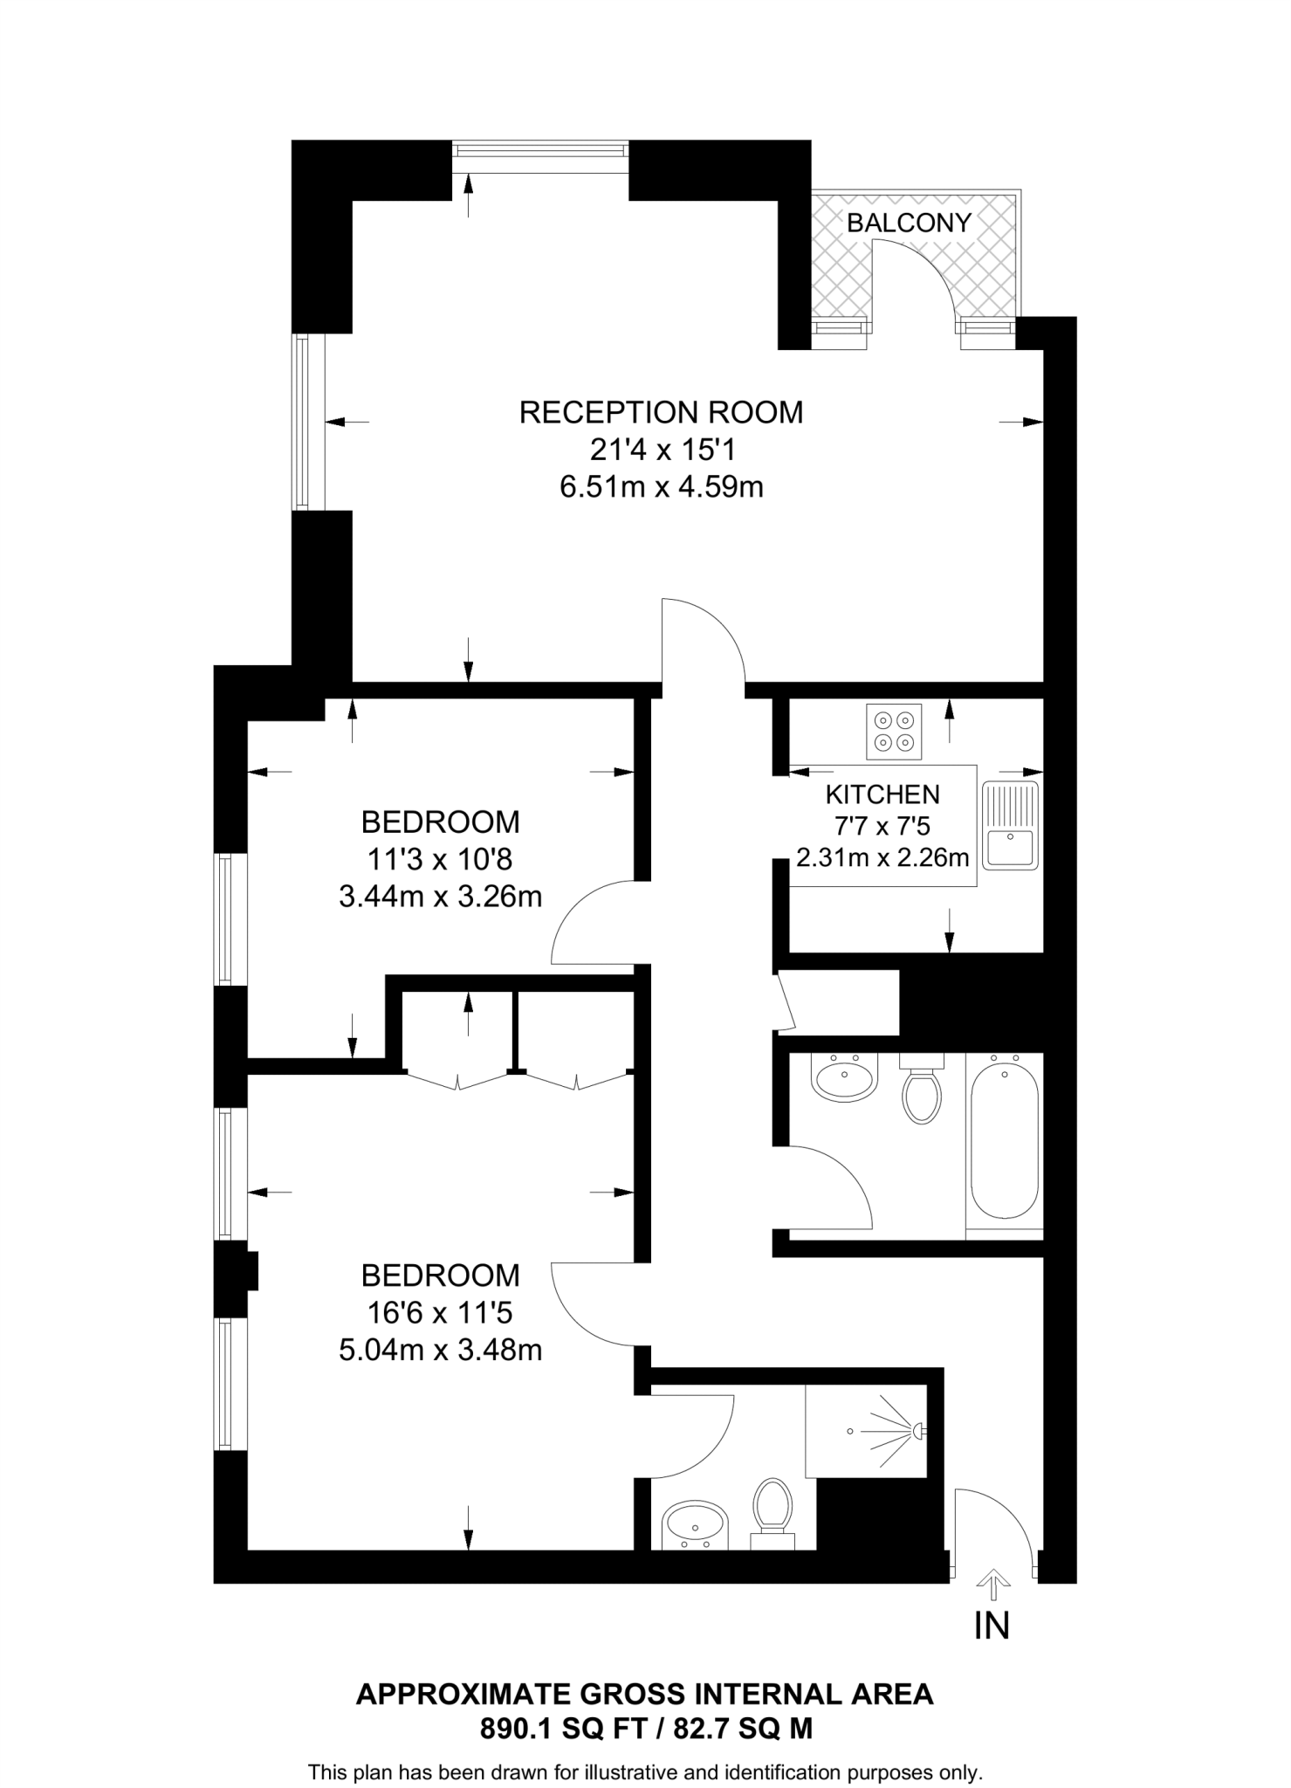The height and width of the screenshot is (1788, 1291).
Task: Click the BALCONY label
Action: (909, 223)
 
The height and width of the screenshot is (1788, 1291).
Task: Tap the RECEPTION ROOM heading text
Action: (661, 412)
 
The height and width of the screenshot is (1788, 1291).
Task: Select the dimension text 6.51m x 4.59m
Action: (661, 486)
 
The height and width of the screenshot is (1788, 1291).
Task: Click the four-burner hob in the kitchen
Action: (895, 732)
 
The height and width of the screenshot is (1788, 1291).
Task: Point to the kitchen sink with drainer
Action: (1011, 825)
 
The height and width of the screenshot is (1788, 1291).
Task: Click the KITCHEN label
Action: (882, 794)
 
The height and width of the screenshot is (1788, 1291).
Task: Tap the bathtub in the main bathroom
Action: (1005, 1138)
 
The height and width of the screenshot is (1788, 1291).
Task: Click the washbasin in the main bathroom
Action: (843, 1078)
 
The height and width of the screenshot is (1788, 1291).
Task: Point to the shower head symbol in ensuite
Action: (917, 1431)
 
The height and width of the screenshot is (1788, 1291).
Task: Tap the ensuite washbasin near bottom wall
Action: (695, 1525)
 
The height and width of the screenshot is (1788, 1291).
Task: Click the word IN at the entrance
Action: (992, 1626)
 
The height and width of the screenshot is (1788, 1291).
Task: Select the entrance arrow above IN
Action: (992, 1582)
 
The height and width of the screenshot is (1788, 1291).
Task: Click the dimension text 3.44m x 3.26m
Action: (440, 897)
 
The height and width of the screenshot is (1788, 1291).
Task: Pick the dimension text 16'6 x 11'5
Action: (440, 1312)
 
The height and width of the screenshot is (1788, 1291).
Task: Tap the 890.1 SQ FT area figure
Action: (551, 1729)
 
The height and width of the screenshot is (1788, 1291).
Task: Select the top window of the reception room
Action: (540, 151)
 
